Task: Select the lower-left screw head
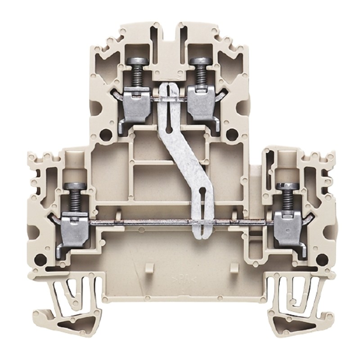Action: [x=72, y=186]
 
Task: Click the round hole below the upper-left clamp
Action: [x=106, y=134]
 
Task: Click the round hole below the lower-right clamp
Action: [x=322, y=258]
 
